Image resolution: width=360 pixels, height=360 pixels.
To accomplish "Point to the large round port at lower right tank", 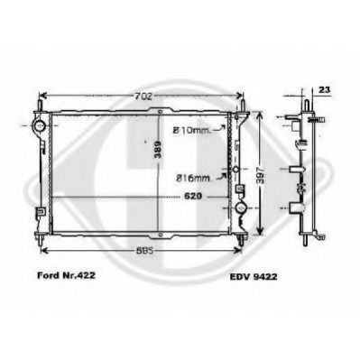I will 241,210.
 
